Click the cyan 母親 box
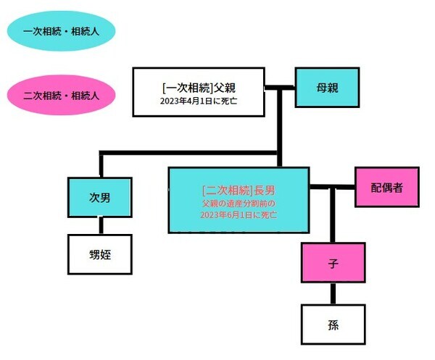click(327, 87)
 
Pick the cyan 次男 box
click(99, 196)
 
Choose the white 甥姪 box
click(99, 255)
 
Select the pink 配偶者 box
click(387, 187)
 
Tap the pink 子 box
click(333, 262)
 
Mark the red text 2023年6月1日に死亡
click(239, 215)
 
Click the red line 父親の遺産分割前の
click(239, 204)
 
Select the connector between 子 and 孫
click(333, 293)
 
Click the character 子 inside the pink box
click(333, 262)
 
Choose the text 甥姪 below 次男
click(99, 255)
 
